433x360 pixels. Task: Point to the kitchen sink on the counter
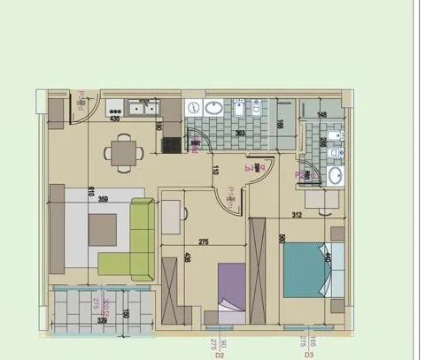point(141,109)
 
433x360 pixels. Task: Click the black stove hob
point(171,143)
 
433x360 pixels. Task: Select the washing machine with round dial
point(195,107)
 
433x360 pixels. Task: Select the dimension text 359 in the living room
point(104,199)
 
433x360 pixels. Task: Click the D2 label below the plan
point(219,355)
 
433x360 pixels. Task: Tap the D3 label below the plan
point(310,355)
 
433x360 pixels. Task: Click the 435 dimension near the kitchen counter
point(114,117)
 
